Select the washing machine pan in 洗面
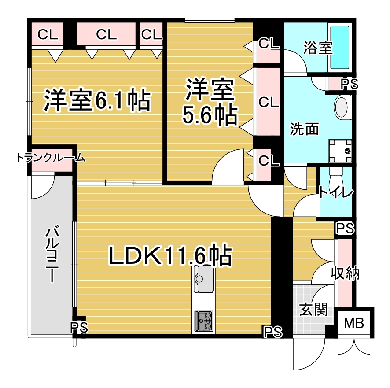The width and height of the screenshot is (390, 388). pos(340,151)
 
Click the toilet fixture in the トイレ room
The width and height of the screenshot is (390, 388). pos(336,176)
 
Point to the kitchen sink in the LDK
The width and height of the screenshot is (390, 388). pos(203,279)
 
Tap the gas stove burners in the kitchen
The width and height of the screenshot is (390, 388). pos(204,321)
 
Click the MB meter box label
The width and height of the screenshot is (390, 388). pos(354,323)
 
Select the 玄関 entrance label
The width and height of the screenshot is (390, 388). pos(313,309)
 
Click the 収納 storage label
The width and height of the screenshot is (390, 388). pos(345,273)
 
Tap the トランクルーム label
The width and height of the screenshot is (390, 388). pos(51,158)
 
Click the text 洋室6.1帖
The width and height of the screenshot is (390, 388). pos(97,100)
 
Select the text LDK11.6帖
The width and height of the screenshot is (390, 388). pos(170,255)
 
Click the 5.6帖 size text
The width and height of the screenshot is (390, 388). pos(210,115)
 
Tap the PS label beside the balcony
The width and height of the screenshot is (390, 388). pos(79,327)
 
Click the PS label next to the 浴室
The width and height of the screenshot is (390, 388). pos(349,84)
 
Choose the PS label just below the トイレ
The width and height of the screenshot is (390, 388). pos(345,228)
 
